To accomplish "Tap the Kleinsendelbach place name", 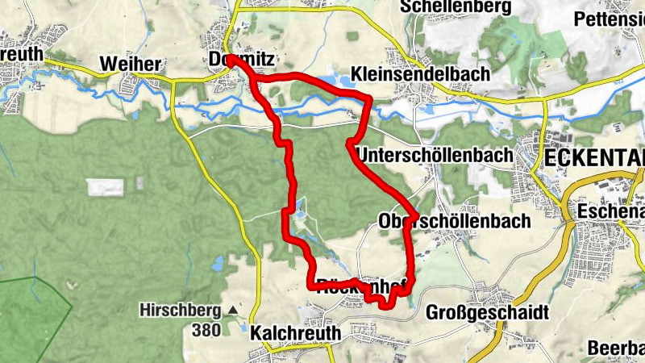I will coord(420,74).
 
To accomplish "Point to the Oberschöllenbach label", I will coord(454,220).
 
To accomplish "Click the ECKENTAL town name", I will coord(595,156).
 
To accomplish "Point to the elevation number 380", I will coord(208,329).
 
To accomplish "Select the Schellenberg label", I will coord(456,7).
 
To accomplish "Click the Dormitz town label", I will coord(242,60).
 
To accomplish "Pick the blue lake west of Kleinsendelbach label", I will coord(329,81).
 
